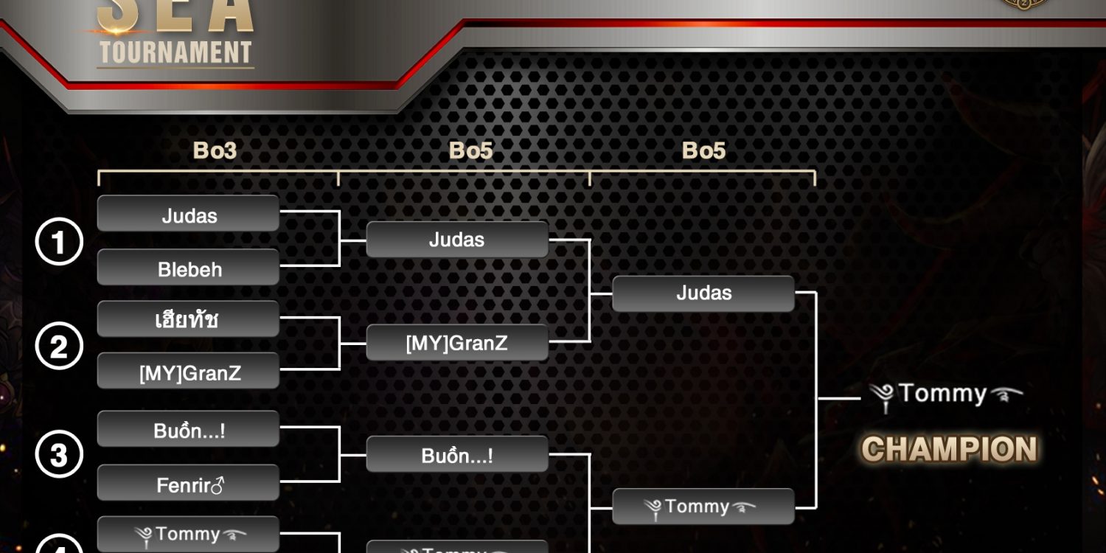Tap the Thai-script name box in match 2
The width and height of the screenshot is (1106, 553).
(x=188, y=319)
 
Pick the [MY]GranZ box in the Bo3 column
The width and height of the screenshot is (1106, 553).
(x=188, y=372)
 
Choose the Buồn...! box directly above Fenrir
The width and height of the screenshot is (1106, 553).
(x=188, y=429)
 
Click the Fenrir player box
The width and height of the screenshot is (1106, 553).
(x=188, y=484)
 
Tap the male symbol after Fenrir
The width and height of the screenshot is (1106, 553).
(x=218, y=484)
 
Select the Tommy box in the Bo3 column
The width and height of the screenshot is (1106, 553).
(x=188, y=535)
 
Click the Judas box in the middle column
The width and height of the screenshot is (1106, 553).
(x=457, y=240)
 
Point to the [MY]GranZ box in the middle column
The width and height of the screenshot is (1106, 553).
(x=457, y=343)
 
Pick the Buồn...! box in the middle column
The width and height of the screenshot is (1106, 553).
(x=457, y=455)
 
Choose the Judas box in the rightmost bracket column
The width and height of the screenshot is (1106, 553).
(x=703, y=293)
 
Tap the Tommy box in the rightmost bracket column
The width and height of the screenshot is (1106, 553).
(x=703, y=507)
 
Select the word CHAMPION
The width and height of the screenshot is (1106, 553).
(x=950, y=449)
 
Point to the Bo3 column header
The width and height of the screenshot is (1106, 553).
(x=215, y=150)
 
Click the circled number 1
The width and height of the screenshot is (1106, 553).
(x=59, y=242)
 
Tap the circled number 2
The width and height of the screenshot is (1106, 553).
(x=59, y=346)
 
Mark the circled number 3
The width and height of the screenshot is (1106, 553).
(x=59, y=455)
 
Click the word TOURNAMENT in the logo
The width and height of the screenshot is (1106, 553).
(x=175, y=53)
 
